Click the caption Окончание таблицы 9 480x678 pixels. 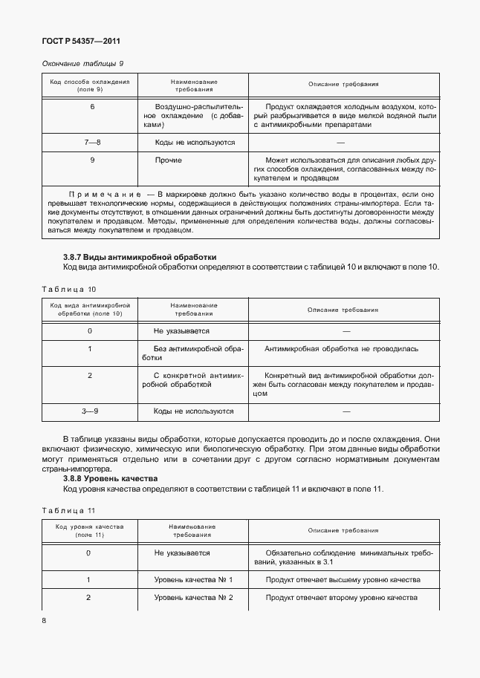[x=83, y=65]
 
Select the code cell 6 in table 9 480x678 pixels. [x=92, y=107]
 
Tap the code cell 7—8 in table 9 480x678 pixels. [x=92, y=142]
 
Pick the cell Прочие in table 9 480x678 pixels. [x=168, y=160]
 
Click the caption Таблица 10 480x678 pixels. [x=69, y=289]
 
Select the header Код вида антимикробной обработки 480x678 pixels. [x=90, y=309]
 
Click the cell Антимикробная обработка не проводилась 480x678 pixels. [x=342, y=348]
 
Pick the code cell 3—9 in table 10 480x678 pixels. [x=90, y=411]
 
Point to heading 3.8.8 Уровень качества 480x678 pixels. [x=111, y=479]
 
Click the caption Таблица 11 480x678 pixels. [x=69, y=510]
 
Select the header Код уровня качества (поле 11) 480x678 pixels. [x=90, y=530]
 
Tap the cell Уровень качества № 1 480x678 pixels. [x=193, y=579]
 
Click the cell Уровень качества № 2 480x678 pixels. [x=193, y=597]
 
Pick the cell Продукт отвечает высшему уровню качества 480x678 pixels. [x=343, y=579]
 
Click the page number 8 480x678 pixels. [x=45, y=620]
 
